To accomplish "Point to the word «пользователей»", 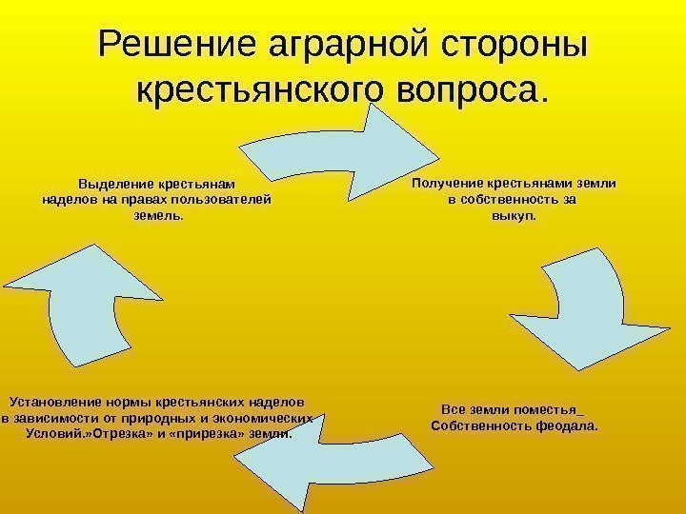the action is point(229,199).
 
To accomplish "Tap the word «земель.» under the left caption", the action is point(154,215).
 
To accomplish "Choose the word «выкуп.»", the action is point(514,215).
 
